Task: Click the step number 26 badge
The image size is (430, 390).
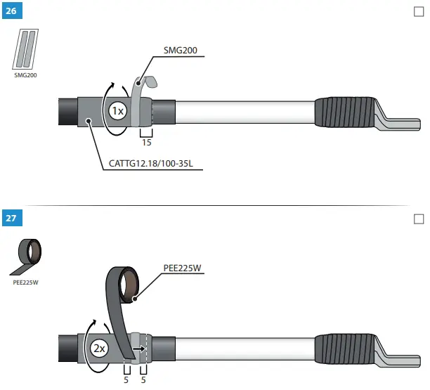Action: pyautogui.click(x=11, y=13)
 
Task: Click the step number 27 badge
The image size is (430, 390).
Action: pyautogui.click(x=11, y=218)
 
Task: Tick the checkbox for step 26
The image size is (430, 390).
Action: pyautogui.click(x=419, y=13)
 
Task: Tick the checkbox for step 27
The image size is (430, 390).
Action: pyautogui.click(x=419, y=219)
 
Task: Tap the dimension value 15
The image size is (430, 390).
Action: pyautogui.click(x=146, y=142)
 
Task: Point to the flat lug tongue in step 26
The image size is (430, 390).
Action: pyautogui.click(x=397, y=120)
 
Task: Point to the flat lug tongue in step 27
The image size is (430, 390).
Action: pyautogui.click(x=397, y=357)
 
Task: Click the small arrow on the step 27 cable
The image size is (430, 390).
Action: pyautogui.click(x=143, y=348)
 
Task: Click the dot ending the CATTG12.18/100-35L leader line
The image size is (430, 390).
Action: pyautogui.click(x=89, y=121)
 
